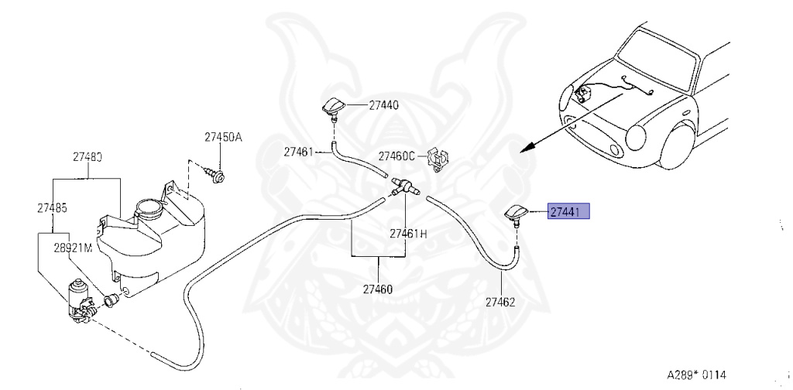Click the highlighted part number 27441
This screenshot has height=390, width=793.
pos(569,211)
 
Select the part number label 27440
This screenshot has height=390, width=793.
pos(383,104)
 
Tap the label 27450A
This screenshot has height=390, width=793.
pos(223,138)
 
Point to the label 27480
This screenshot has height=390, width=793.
pos(88,156)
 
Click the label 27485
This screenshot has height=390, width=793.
pos(51,207)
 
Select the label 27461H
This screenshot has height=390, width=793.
pos(408,232)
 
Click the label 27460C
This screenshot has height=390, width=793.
pos(396,155)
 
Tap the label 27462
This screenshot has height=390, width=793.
pos(499,302)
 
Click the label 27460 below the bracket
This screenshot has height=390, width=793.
pos(378,290)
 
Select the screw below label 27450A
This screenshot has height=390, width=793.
pos(217,177)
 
